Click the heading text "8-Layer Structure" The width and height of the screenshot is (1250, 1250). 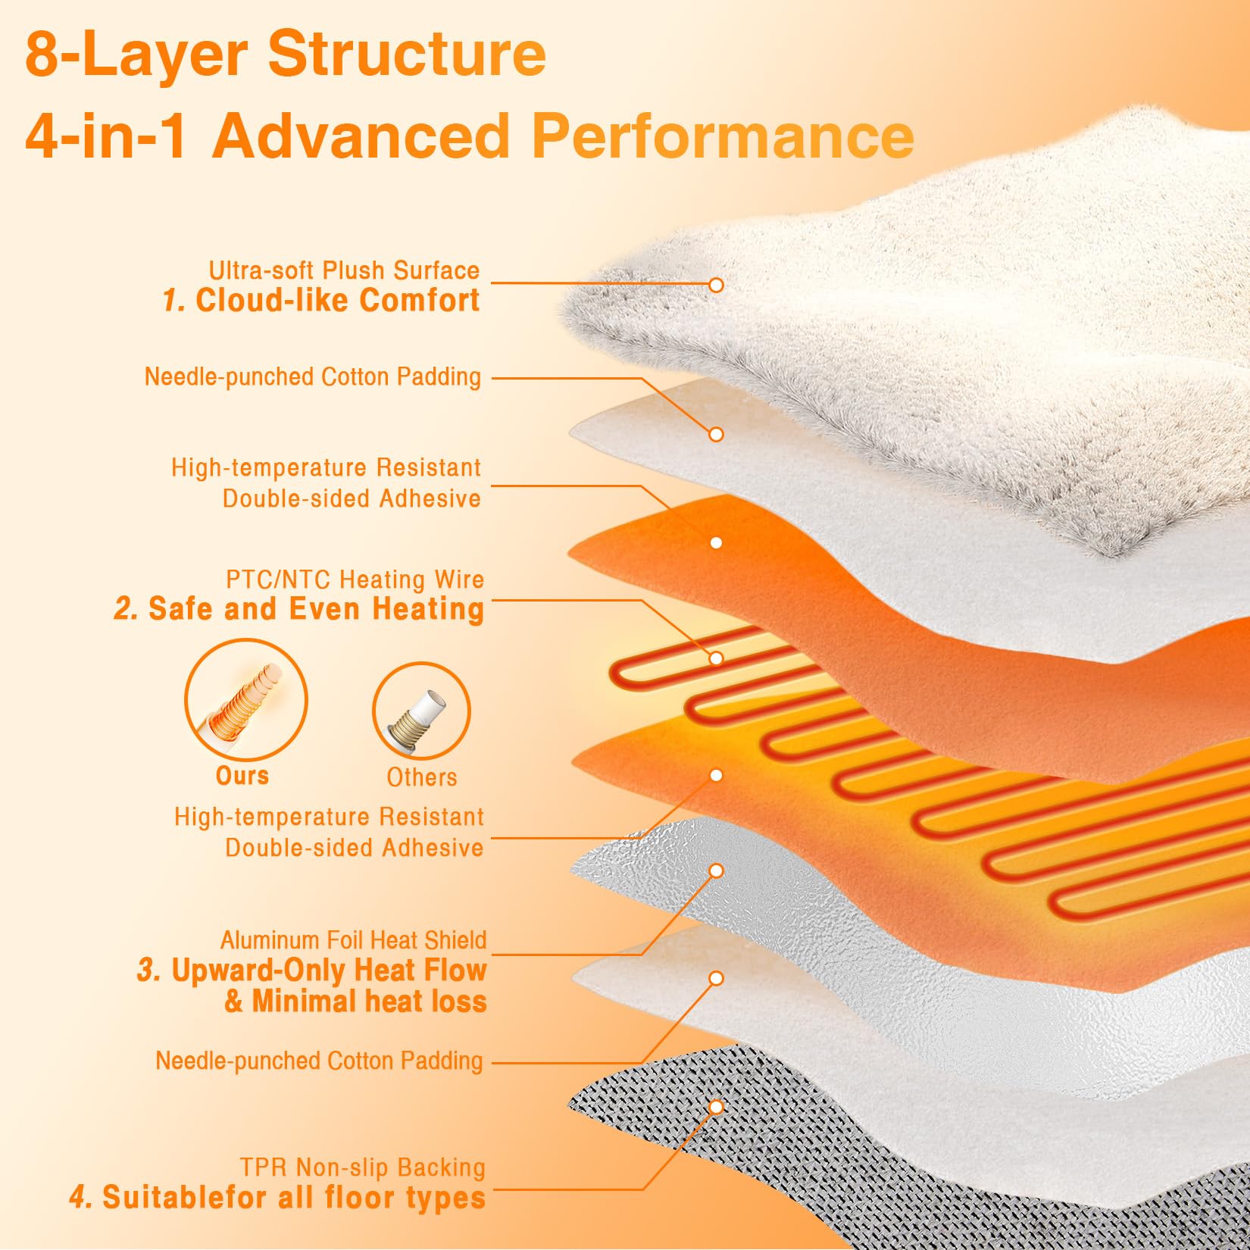click(x=286, y=55)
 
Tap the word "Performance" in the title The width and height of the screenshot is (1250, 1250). click(x=723, y=136)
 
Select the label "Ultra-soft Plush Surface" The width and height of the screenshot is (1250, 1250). click(x=344, y=270)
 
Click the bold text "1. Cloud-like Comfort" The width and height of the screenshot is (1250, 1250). click(x=321, y=301)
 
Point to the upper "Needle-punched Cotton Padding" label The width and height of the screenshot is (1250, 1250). click(x=312, y=377)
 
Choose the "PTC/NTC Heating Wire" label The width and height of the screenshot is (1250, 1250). click(x=355, y=580)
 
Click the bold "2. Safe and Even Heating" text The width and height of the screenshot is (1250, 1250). click(x=298, y=609)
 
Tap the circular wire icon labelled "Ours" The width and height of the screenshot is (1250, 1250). click(x=246, y=701)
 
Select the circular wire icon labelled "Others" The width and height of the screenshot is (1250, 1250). click(x=421, y=711)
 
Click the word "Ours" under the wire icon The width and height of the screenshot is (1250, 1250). click(x=242, y=776)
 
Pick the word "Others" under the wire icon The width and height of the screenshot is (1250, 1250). click(x=422, y=777)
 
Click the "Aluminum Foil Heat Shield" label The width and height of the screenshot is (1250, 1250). click(x=353, y=940)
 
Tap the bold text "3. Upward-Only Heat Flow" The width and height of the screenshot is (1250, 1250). click(x=311, y=970)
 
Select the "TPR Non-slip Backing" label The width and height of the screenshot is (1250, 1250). click(x=362, y=1167)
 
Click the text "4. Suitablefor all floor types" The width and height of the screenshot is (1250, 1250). click(x=277, y=1198)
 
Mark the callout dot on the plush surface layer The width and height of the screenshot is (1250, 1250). click(x=716, y=285)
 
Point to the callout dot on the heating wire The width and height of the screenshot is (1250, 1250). click(x=716, y=658)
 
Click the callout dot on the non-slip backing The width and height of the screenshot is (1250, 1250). click(x=716, y=1108)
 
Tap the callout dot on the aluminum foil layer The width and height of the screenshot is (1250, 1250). click(x=716, y=871)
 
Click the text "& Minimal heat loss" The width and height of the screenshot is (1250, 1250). click(x=355, y=1002)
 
